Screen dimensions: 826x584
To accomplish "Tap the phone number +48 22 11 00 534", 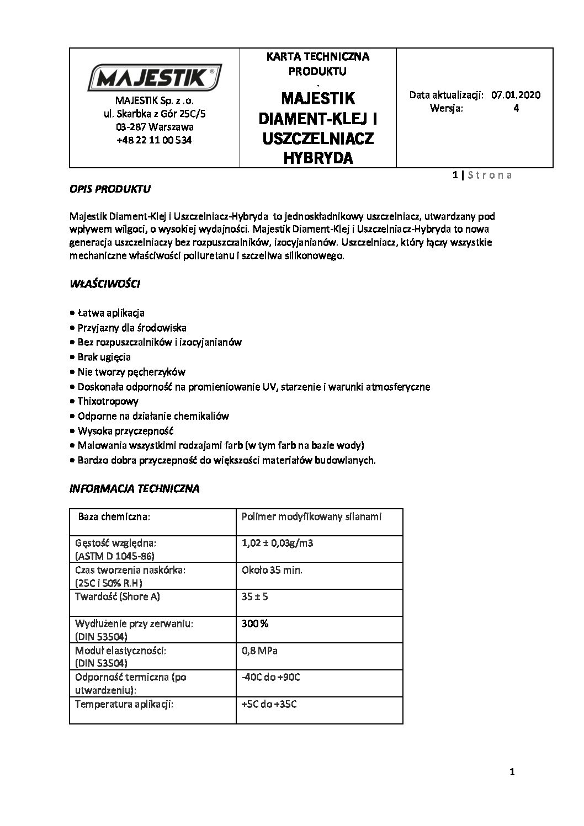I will click(x=155, y=140).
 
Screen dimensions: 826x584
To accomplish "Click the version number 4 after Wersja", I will click(x=516, y=108).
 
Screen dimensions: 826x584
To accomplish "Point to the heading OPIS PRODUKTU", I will click(x=110, y=189).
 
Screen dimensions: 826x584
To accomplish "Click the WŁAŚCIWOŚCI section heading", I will click(x=105, y=285).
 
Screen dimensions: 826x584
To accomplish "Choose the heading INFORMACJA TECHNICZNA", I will click(x=134, y=488).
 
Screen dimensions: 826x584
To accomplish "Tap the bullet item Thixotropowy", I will click(x=108, y=401).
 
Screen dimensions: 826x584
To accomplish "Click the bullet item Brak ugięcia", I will click(x=104, y=356).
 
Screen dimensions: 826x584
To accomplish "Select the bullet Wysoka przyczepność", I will click(x=126, y=430).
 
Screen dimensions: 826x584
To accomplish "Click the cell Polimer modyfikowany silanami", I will click(x=312, y=517).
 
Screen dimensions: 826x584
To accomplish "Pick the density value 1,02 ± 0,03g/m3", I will click(x=278, y=543).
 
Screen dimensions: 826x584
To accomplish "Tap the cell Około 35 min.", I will click(x=272, y=570).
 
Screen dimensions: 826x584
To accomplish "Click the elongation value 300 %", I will click(x=255, y=624).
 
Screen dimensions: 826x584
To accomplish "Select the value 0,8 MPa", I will click(x=259, y=651).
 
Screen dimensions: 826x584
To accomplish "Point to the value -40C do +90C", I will click(x=270, y=677).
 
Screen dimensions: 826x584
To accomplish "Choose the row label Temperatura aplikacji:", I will click(x=124, y=704).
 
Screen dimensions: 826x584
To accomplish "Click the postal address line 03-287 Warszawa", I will click(x=155, y=127).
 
